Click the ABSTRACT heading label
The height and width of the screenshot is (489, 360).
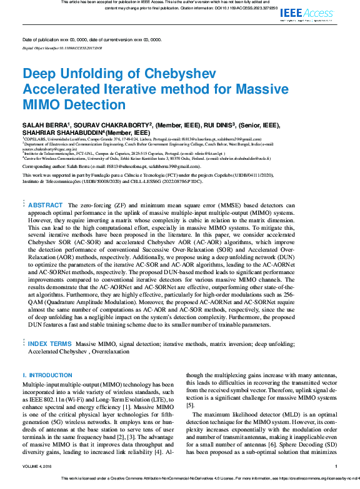(x=46, y=205)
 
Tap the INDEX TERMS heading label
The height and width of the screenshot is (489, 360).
(x=50, y=343)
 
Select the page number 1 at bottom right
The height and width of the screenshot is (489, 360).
(x=336, y=466)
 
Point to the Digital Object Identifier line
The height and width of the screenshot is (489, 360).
(x=62, y=47)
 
